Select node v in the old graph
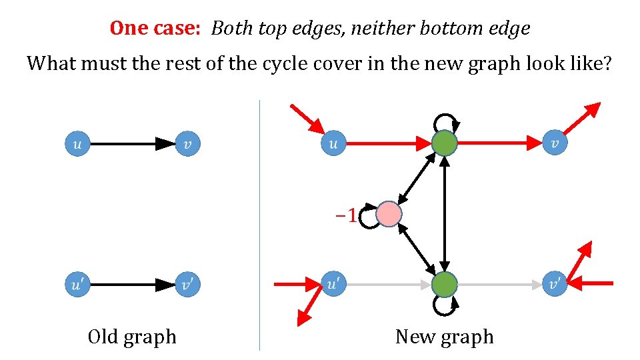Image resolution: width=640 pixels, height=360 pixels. tap(189, 143)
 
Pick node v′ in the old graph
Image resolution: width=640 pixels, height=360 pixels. tap(189, 285)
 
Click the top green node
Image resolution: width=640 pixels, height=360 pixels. tap(444, 143)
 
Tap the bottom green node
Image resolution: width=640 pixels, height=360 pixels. tap(444, 285)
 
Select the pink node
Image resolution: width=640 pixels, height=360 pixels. tap(389, 215)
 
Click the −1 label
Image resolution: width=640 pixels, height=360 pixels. tap(345, 215)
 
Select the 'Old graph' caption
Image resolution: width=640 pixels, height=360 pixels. tap(132, 337)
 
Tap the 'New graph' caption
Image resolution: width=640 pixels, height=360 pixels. tap(444, 337)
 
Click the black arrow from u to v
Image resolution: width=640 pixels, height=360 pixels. tap(130, 143)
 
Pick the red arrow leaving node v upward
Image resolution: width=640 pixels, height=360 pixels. tap(583, 118)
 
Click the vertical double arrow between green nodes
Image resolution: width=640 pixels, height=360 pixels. tap(445, 213)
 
